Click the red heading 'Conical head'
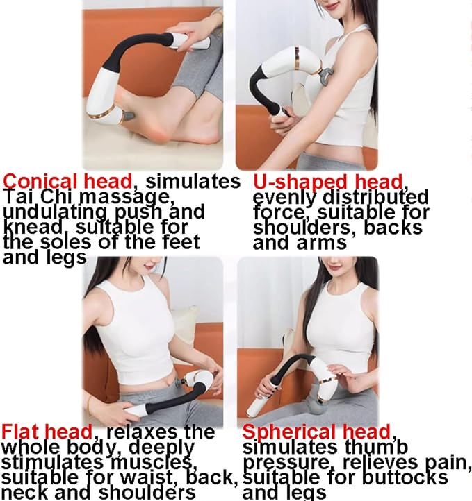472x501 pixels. (x=67, y=182)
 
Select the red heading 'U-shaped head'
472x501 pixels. (x=327, y=182)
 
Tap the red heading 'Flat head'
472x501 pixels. (x=47, y=432)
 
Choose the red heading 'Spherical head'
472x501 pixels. (x=316, y=432)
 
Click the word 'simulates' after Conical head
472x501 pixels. (x=193, y=182)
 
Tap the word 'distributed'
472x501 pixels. (x=375, y=197)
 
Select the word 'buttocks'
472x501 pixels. (x=406, y=477)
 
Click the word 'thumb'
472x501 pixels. (x=376, y=447)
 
